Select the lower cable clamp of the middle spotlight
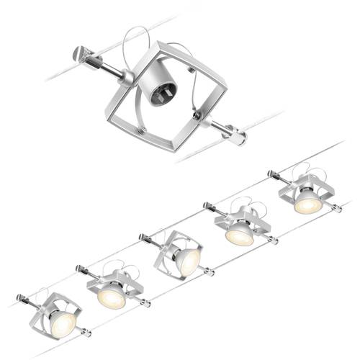[209, 273]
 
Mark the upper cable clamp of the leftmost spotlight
[22, 294]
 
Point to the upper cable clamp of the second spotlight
[81, 269]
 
